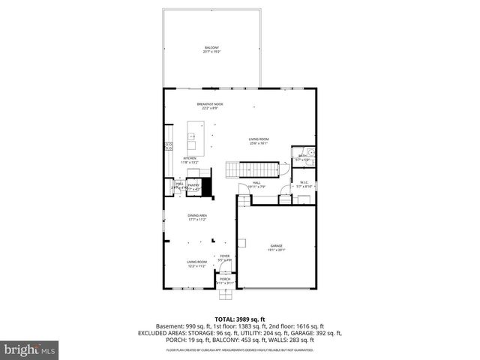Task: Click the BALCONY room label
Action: point(211,49)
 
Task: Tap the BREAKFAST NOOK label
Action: point(210,106)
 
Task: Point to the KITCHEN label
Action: point(190,160)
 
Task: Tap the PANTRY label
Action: point(193,186)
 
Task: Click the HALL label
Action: point(256,184)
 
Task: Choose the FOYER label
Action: point(224,258)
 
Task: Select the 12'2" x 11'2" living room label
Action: point(197,263)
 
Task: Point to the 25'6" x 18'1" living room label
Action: point(259,141)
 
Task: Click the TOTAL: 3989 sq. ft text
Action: point(239,319)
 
